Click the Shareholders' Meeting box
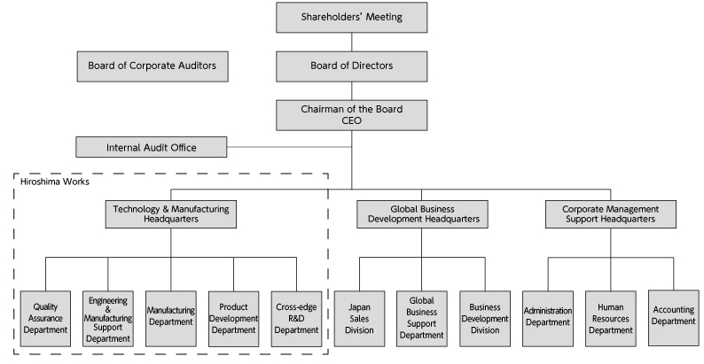pos(352,17)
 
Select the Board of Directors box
pos(352,66)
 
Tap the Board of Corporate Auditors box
pos(153,66)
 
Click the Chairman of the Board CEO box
pos(352,114)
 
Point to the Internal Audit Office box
pos(152,147)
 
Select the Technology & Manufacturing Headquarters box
pos(171,214)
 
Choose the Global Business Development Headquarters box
pos(422,214)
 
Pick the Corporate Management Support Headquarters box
pos(609,214)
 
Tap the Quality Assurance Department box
pos(44,317)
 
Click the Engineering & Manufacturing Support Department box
pos(107,317)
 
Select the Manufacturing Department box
pos(170,317)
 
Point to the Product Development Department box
pos(233,317)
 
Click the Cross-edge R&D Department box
pos(296,317)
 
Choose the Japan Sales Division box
pos(360,317)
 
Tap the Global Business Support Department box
pos(421,317)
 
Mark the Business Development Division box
pos(485,317)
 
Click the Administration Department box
pos(548,317)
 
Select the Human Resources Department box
pos(610,317)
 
